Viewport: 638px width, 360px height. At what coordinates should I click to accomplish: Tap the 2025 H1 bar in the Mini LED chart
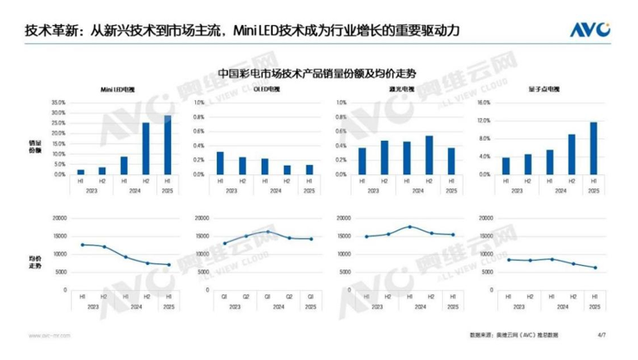point(167,145)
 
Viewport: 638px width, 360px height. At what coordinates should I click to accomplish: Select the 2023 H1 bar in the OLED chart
point(221,163)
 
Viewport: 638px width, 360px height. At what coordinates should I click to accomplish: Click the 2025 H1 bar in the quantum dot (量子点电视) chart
point(593,148)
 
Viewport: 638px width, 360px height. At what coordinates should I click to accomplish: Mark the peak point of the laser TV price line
point(409,227)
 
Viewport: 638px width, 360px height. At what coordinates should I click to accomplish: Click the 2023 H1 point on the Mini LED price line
point(80,244)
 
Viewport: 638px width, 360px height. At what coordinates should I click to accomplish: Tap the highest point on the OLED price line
point(268,231)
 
